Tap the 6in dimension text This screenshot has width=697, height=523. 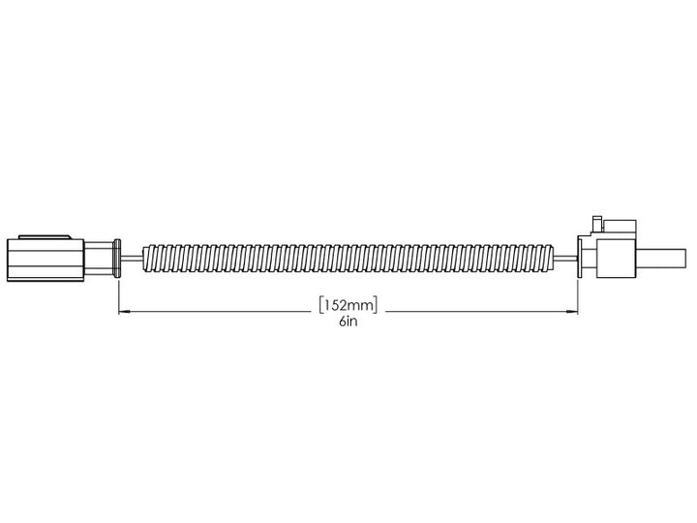pos(347,323)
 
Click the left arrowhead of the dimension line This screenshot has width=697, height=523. pos(123,312)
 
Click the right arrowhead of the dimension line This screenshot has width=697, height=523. pos(573,312)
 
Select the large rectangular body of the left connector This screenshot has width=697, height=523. pos(44,259)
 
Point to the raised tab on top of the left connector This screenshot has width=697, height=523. pos(43,234)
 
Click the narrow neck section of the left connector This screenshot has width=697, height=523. pos(98,259)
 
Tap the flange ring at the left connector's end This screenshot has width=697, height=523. pos(117,259)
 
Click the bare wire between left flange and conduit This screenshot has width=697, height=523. pos(132,259)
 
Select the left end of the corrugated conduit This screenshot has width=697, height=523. pos(147,259)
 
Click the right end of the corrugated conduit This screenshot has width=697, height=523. pos(551,259)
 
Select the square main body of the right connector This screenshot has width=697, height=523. pos(615,260)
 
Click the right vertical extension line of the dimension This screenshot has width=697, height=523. pos(578,295)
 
